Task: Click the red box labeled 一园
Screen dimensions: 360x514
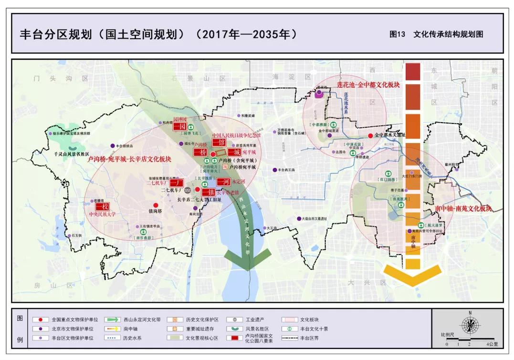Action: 179,127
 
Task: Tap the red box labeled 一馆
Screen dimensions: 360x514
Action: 218,142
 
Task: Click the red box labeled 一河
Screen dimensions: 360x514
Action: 223,182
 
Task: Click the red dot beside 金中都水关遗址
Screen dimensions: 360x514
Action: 370,135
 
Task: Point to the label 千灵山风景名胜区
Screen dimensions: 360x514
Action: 73,154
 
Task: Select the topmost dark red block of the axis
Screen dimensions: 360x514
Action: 413,72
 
